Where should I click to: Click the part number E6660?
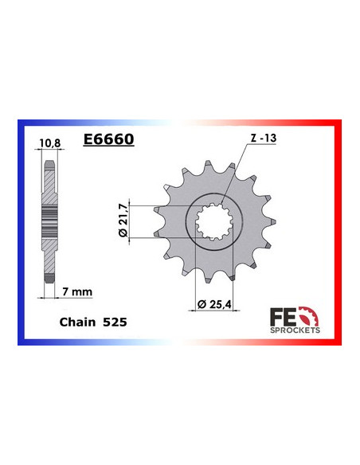[109, 139]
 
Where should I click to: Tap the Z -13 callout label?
[264, 138]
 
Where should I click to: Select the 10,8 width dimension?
[50, 143]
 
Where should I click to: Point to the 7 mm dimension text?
[77, 291]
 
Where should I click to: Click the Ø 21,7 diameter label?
[123, 220]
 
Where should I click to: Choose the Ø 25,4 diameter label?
[214, 304]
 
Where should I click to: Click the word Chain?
[77, 322]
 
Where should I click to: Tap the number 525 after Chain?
[115, 322]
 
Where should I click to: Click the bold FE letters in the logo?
[283, 318]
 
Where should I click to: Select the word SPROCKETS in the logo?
[295, 330]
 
